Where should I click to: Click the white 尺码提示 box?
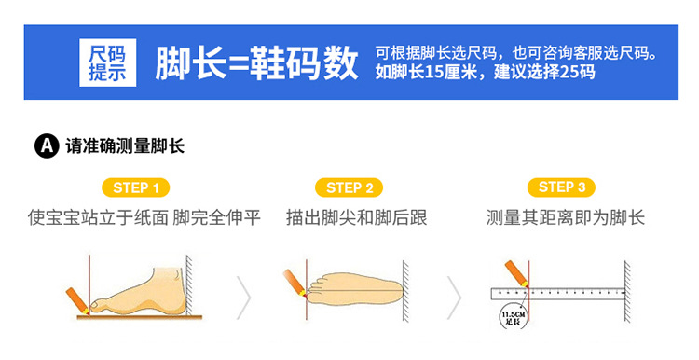(108, 62)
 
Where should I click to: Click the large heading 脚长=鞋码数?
(257, 62)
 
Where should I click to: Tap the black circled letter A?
(47, 145)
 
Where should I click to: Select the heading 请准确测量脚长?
(125, 145)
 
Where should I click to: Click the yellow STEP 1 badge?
(136, 187)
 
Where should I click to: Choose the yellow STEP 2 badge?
(349, 187)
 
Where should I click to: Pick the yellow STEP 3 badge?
(561, 187)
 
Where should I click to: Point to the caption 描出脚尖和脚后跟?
(357, 217)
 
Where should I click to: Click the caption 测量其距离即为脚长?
(566, 217)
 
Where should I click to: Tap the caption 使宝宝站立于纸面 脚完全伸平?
(144, 217)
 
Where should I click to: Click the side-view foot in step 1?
(138, 291)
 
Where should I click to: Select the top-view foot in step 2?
(355, 291)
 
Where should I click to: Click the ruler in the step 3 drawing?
(557, 294)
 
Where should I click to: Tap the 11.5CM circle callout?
(514, 317)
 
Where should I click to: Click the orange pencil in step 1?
(77, 301)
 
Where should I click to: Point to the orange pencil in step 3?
(516, 274)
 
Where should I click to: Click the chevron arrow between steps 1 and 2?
(244, 298)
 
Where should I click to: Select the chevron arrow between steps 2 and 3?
(454, 298)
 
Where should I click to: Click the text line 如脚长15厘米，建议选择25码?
(485, 72)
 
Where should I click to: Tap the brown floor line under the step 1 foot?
(140, 317)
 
